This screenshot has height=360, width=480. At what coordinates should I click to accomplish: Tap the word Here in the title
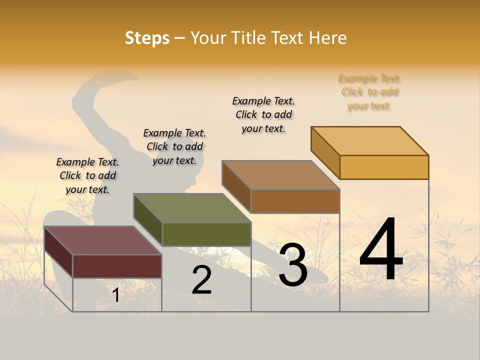327,38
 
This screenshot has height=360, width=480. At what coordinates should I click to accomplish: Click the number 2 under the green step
202,280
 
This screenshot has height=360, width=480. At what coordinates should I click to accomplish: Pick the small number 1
116,295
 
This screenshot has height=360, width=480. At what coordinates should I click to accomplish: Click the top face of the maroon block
102,240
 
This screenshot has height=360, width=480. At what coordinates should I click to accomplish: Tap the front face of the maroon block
117,266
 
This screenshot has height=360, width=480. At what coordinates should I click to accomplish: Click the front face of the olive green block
206,234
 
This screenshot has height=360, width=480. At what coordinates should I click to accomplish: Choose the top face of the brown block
281,175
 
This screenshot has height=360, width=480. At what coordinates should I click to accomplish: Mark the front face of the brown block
295,201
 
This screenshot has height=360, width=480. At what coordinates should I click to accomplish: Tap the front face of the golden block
384,167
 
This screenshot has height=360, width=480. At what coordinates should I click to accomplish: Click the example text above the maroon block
87,175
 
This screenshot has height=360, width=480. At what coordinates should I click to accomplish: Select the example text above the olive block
174,146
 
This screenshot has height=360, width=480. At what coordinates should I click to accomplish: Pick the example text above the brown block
263,114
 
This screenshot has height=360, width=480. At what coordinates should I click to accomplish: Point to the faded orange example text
369,92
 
